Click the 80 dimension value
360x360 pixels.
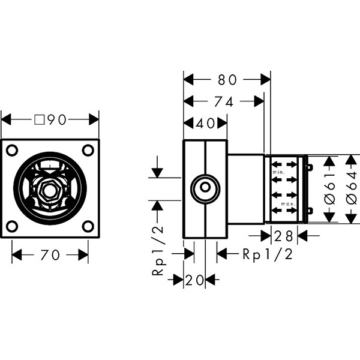(x=227, y=80)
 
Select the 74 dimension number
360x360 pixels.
(x=224, y=102)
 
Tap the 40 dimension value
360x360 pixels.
(x=205, y=123)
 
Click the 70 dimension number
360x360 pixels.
(x=50, y=255)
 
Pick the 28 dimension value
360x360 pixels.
(x=284, y=236)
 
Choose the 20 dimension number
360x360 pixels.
(x=194, y=280)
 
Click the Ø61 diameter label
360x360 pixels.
(x=330, y=188)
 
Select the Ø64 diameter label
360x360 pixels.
(x=352, y=188)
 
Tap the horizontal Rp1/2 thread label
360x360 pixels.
(x=268, y=254)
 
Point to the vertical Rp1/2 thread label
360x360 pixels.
(x=158, y=251)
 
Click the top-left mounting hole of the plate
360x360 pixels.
(x=12, y=151)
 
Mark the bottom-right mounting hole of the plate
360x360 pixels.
(x=88, y=226)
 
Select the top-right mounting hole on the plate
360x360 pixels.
(x=88, y=151)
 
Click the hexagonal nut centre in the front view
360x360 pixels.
(x=50, y=191)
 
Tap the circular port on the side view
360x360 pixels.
(x=205, y=188)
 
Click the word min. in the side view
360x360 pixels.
(x=278, y=172)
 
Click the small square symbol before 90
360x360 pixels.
(x=39, y=120)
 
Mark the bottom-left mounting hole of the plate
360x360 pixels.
(x=12, y=226)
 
